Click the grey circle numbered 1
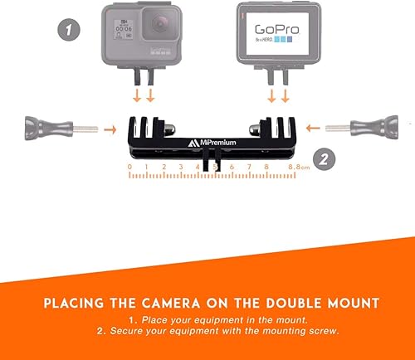click(69, 30)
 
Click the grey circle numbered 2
click(325, 158)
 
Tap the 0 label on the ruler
click(129, 168)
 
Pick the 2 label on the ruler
click(164, 168)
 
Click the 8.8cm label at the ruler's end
click(297, 168)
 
